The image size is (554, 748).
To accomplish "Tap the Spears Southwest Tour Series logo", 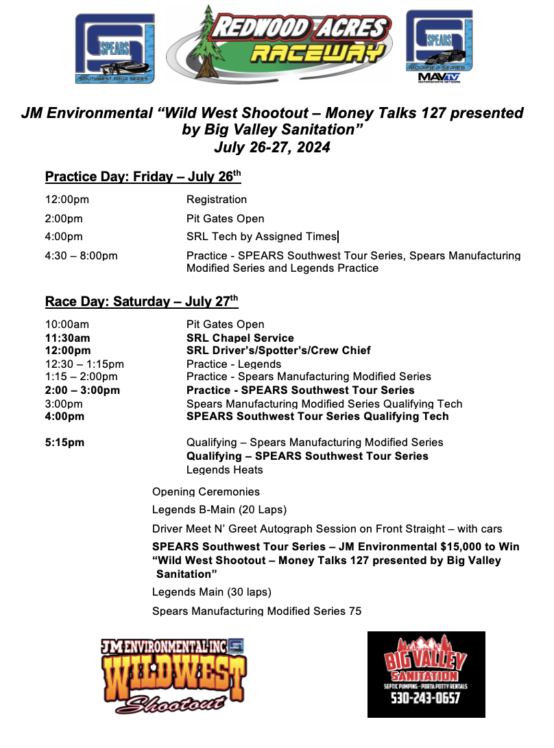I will coord(115,47).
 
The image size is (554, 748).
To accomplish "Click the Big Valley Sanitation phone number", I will coord(426,699).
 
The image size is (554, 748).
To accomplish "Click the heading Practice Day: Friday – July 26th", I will coord(143,177).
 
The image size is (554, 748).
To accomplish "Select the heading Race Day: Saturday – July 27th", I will coord(141,301).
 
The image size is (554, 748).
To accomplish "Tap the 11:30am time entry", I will coord(67,338).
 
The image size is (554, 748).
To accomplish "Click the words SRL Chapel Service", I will coord(240,338).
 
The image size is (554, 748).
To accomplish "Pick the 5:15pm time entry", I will coord(64,443).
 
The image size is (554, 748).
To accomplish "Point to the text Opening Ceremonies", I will coord(206,492).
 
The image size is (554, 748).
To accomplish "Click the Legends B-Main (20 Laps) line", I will coord(219,510).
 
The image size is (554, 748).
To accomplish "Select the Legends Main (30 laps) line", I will coord(211,592).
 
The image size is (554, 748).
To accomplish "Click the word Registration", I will coord(217,200).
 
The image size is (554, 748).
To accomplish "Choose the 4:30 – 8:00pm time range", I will coord(81,256).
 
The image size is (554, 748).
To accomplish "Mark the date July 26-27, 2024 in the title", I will coord(272,147).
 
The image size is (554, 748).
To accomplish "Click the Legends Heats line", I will coord(224,470).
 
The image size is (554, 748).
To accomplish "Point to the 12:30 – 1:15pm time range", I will coord(84,364).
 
